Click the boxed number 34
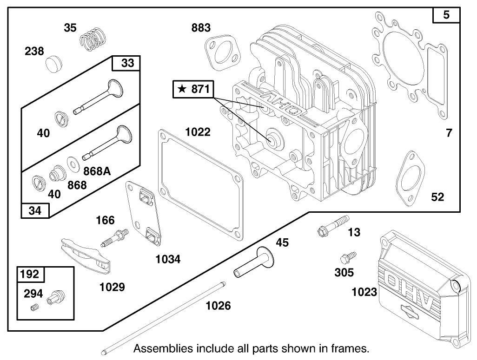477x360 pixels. (x=35, y=210)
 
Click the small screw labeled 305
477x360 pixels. (x=347, y=257)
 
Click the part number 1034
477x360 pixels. (x=168, y=259)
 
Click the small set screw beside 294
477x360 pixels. (x=34, y=308)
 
